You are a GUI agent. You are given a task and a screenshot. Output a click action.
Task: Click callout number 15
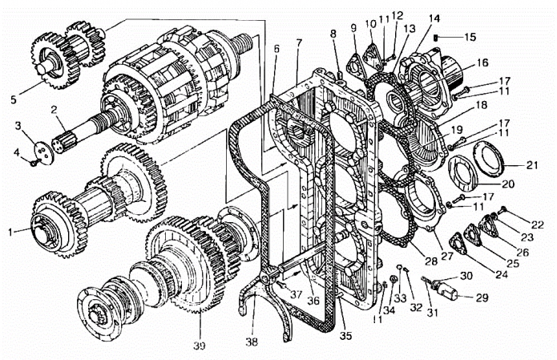(x=470, y=37)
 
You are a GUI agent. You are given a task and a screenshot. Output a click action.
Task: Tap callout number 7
(x=297, y=41)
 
